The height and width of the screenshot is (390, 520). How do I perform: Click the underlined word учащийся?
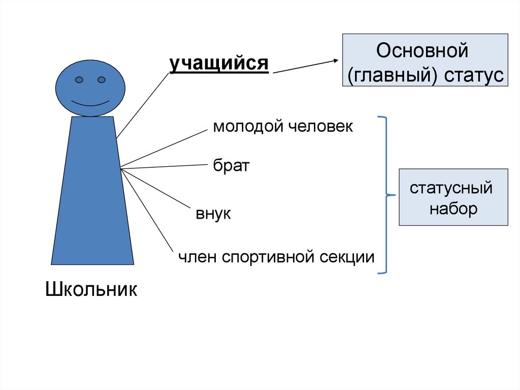(219, 65)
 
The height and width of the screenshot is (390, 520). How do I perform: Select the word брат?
(231, 166)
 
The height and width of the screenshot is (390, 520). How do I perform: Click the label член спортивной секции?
(276, 257)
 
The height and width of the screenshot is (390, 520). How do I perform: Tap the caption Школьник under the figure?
(91, 289)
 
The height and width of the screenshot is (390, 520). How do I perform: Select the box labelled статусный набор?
(453, 197)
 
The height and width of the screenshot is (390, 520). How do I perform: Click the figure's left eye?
(79, 80)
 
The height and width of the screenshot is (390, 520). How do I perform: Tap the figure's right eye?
(101, 80)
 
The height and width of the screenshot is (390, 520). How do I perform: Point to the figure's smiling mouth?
(90, 103)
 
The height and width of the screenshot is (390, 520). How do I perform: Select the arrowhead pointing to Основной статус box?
(336, 61)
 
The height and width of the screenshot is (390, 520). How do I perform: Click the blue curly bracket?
(387, 195)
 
